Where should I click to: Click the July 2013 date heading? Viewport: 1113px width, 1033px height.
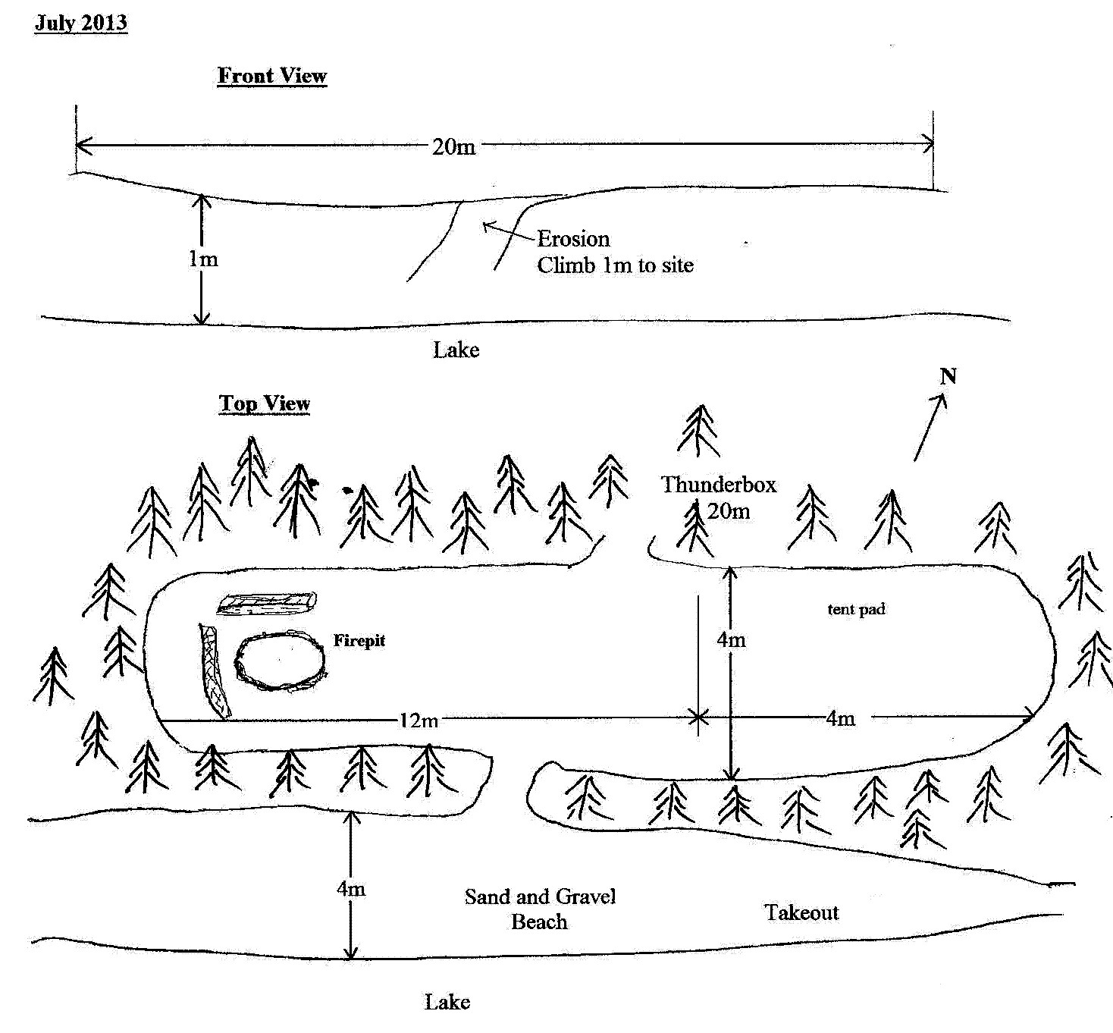(81, 23)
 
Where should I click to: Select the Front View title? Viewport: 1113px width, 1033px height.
(271, 76)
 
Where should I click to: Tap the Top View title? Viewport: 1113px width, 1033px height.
(265, 403)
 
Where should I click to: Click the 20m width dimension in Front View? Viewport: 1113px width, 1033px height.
(454, 146)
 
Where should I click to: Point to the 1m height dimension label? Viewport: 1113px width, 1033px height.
(203, 259)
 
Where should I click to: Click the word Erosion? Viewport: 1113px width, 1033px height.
(573, 239)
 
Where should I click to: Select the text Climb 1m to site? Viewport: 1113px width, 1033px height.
(615, 265)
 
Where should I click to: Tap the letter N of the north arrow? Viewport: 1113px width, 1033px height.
(948, 377)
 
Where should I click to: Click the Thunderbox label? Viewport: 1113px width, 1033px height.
(719, 485)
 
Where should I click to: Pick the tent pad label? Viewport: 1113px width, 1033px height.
(856, 609)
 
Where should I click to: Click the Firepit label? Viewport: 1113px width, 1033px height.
(359, 641)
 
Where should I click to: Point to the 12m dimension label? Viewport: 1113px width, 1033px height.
(419, 721)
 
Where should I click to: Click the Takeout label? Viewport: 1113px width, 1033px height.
(801, 912)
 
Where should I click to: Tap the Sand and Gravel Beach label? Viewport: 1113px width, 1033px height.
(540, 909)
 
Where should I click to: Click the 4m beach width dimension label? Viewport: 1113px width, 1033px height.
(351, 888)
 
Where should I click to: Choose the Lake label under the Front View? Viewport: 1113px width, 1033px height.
(456, 350)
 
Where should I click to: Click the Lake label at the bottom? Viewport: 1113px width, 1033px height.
(447, 1002)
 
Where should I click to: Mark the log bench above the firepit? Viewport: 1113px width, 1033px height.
(266, 603)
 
